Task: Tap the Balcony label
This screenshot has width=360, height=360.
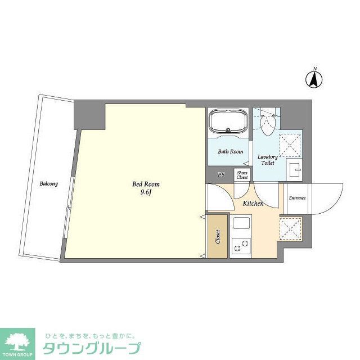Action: (x=48, y=183)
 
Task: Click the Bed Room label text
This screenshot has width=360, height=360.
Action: (x=146, y=184)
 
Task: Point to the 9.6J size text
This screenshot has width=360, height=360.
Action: (x=146, y=193)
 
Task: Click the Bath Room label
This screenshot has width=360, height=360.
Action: (x=230, y=151)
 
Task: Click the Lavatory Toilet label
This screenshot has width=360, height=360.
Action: (x=267, y=160)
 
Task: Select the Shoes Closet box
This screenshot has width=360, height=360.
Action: (x=242, y=175)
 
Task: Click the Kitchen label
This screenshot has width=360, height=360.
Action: (x=253, y=203)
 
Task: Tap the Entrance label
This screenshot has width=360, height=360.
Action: (x=297, y=198)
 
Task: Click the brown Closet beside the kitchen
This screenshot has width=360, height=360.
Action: (x=218, y=237)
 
